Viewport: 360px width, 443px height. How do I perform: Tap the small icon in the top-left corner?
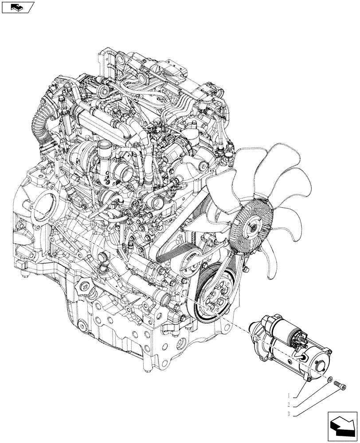click(x=18, y=7)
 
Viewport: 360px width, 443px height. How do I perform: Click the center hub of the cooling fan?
click(x=253, y=228)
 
